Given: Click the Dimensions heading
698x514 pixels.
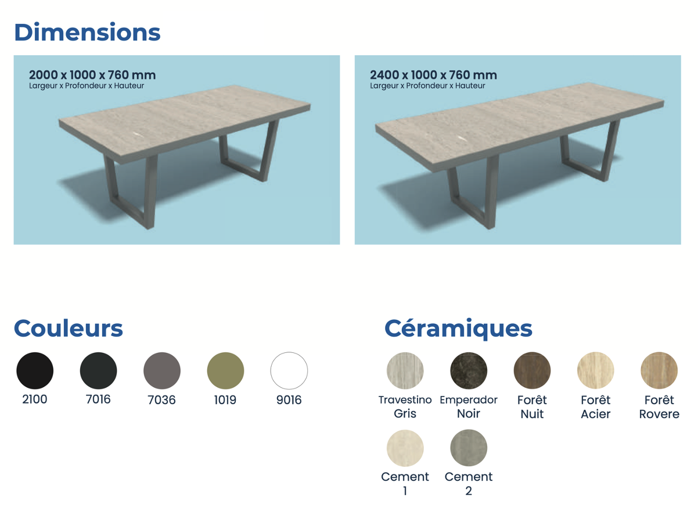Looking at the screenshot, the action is [x=87, y=32].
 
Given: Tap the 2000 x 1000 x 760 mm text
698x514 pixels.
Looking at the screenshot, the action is [x=92, y=75].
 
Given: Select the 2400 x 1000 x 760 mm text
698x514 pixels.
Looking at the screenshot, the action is [x=433, y=75].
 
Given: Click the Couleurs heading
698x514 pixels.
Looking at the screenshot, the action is [x=69, y=329].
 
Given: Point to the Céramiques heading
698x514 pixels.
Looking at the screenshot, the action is [x=458, y=330].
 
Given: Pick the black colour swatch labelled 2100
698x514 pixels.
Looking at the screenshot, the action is [x=35, y=371].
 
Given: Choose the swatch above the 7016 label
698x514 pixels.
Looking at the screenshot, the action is [x=99, y=371].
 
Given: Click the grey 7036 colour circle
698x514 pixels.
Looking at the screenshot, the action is [x=162, y=371].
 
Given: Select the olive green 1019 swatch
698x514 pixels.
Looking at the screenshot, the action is [x=226, y=371].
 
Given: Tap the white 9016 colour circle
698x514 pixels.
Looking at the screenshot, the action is [x=289, y=371].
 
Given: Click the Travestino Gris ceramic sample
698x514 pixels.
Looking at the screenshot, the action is [x=405, y=371].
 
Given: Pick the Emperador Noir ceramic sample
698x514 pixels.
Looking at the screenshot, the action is [x=469, y=371].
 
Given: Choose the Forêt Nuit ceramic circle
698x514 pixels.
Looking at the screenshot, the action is [x=533, y=371].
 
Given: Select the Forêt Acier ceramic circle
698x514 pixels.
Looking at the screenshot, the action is [x=596, y=371].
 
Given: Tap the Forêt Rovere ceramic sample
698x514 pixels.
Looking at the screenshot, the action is [x=659, y=371].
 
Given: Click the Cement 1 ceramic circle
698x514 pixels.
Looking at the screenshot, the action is [x=405, y=448].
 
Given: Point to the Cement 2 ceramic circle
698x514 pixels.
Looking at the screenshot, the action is [x=469, y=448].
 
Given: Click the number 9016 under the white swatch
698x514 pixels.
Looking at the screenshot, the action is [x=289, y=400].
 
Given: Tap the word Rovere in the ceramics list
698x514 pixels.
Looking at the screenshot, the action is [x=659, y=414].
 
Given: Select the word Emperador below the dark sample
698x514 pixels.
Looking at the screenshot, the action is [x=469, y=400].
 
